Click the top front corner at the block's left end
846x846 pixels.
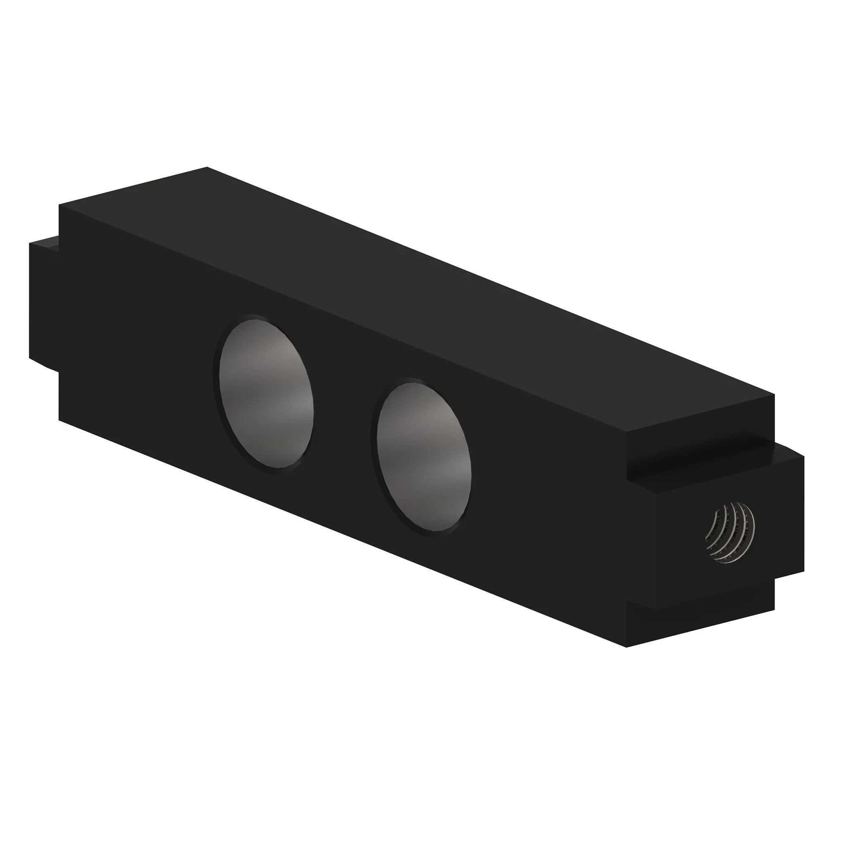[59, 205]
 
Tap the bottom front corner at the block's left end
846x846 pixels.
[59, 421]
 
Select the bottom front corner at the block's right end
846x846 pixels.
[627, 647]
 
